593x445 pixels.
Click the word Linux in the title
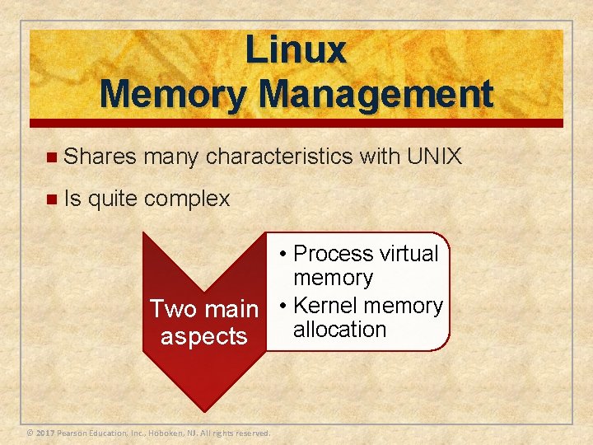(x=296, y=51)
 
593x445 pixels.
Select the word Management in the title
(x=375, y=95)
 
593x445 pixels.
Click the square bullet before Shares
(x=52, y=157)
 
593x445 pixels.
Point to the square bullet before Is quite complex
(x=52, y=199)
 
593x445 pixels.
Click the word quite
(x=114, y=199)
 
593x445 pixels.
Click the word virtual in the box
(x=409, y=254)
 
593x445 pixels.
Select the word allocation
(x=339, y=330)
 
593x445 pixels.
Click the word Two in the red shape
(x=172, y=309)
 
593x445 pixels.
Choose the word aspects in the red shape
(x=204, y=336)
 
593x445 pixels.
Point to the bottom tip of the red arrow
(x=205, y=410)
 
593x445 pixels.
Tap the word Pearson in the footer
(x=74, y=433)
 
